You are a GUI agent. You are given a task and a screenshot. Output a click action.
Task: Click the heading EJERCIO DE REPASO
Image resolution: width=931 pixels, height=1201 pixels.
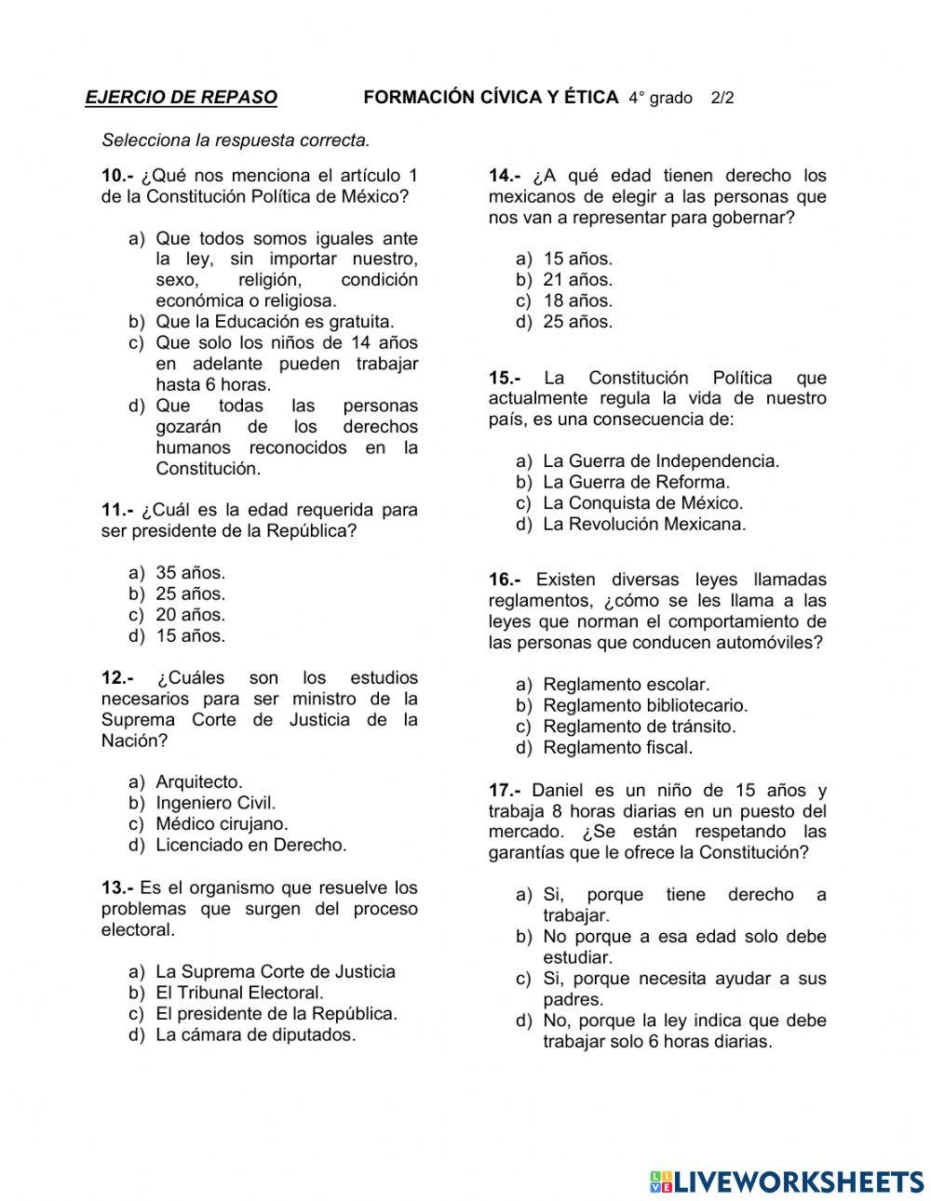pos(181,98)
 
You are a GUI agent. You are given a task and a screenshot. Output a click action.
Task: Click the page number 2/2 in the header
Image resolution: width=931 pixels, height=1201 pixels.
pos(722,98)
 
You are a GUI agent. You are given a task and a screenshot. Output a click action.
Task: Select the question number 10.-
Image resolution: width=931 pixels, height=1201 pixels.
pos(117,176)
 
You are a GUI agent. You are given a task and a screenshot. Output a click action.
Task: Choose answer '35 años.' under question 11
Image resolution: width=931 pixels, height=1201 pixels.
pos(190,573)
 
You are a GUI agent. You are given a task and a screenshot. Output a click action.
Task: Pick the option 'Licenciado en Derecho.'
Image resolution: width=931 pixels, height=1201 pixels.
pos(250,845)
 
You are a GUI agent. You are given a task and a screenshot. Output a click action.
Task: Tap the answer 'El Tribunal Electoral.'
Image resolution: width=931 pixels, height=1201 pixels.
pos(239,993)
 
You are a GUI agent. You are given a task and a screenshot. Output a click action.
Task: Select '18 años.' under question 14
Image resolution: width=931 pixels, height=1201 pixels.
pos(577,300)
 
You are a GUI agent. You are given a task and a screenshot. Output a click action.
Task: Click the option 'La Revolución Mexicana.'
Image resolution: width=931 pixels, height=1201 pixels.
pos(644,524)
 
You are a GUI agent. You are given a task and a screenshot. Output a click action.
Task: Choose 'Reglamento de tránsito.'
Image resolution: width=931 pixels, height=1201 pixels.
pos(639,727)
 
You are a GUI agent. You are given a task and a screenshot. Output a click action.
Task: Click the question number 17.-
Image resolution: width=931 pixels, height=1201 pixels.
pos(505,790)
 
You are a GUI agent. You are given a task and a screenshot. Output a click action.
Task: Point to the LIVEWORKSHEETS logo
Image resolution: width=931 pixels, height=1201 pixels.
pos(787,1181)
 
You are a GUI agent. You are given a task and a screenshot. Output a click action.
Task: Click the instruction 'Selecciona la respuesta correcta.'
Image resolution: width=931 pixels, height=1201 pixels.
pos(236,140)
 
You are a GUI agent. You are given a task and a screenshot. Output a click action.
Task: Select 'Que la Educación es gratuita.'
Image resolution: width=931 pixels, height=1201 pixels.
pos(275,322)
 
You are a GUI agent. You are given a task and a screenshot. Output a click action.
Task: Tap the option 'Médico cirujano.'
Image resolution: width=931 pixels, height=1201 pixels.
pos(222,823)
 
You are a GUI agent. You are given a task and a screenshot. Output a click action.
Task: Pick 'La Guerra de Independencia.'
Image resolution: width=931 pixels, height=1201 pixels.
pos(661,460)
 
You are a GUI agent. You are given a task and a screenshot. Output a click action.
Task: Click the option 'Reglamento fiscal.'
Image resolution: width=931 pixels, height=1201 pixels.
pos(617,747)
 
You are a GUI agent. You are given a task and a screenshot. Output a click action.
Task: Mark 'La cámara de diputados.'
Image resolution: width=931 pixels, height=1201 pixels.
pos(255,1034)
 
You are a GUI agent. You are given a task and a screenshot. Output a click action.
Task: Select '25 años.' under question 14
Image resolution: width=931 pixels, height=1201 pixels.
pos(577,322)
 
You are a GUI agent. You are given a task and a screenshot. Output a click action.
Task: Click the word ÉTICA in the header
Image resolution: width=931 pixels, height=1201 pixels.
pos(590,97)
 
